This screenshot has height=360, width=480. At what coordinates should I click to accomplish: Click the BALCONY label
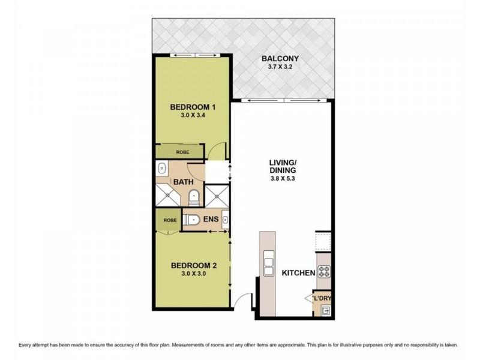tap(280, 59)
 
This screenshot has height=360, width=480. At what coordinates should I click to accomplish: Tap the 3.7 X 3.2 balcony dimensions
tap(280, 68)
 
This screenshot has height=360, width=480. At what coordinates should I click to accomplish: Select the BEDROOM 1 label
tap(193, 107)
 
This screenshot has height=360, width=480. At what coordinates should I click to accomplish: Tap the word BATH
tap(182, 182)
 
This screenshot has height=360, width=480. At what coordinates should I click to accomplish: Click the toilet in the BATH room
tap(194, 197)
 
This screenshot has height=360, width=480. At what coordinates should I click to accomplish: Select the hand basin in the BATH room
tap(162, 169)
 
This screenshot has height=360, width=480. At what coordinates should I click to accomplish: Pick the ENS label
tap(211, 220)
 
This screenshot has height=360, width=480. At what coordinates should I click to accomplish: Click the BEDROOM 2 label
tap(193, 265)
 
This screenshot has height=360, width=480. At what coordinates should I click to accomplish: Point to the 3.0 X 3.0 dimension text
tap(193, 274)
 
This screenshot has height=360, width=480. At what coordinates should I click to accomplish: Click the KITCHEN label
tap(299, 273)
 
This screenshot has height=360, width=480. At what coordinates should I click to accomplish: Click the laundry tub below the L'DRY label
tap(325, 310)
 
